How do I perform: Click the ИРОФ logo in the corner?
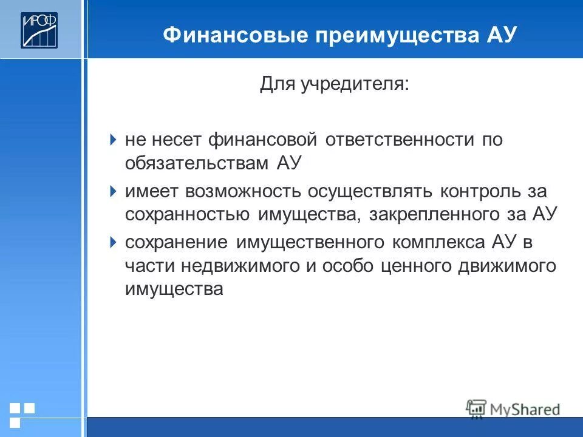pos(39,29)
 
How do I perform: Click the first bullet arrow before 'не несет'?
pos(114,140)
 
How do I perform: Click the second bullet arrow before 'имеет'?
pos(114,191)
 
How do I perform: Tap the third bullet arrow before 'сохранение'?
pos(114,242)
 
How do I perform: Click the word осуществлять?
pos(370,192)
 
